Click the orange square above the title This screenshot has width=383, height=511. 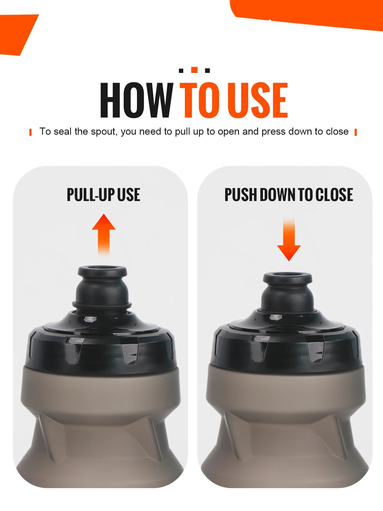(x=194, y=70)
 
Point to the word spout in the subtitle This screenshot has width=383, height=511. (x=104, y=132)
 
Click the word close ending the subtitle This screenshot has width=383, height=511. (x=337, y=132)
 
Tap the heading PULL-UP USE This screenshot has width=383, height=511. (x=103, y=195)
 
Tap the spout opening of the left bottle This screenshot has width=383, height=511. (x=102, y=269)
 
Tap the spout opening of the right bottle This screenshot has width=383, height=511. (x=288, y=275)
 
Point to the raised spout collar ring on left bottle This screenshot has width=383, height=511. (x=102, y=305)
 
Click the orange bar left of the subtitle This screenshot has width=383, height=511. (x=31, y=132)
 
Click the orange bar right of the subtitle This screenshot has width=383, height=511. (x=356, y=132)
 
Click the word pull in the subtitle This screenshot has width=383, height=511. (x=183, y=132)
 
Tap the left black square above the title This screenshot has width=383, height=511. (x=181, y=71)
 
